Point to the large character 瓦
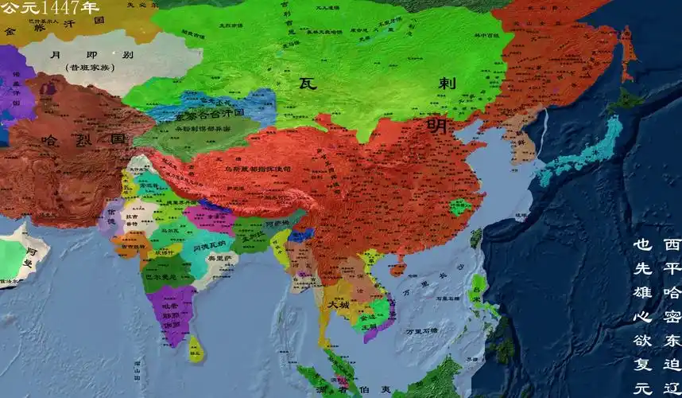[309, 83]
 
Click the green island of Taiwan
[477, 237]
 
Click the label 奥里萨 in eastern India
[217, 259]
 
